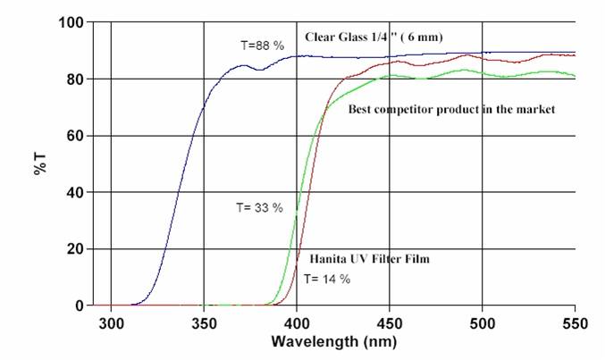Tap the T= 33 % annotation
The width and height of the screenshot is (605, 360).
pyautogui.click(x=259, y=207)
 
